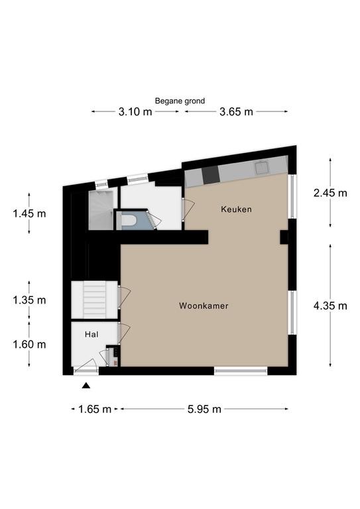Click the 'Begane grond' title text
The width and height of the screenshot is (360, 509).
[x=180, y=101]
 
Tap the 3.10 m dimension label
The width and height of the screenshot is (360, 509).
[x=135, y=112]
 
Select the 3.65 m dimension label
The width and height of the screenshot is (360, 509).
[x=236, y=112]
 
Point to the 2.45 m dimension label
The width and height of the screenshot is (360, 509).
[x=330, y=193]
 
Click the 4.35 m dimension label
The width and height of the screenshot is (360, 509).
[x=330, y=306]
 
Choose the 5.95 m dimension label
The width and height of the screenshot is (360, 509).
[x=204, y=409]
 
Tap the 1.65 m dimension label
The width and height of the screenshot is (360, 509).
[x=94, y=409]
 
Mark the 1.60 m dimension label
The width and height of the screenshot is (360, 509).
[x=29, y=344]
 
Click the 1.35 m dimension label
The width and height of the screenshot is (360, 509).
[x=29, y=300]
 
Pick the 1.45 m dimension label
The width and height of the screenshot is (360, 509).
[x=29, y=213]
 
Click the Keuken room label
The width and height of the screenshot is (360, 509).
[x=236, y=209]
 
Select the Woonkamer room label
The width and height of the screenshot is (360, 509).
[x=204, y=306]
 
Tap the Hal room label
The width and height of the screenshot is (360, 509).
[x=91, y=334]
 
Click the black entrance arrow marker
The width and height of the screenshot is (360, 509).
[x=86, y=385]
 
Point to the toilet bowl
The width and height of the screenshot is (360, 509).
[x=129, y=221]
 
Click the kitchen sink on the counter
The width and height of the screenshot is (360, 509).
[x=262, y=168]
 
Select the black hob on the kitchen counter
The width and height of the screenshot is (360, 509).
[x=211, y=175]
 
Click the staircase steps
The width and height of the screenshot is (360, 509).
[x=94, y=300]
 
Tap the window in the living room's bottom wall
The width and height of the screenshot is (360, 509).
[x=241, y=370]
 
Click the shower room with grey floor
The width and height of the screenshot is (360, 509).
[x=101, y=210]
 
